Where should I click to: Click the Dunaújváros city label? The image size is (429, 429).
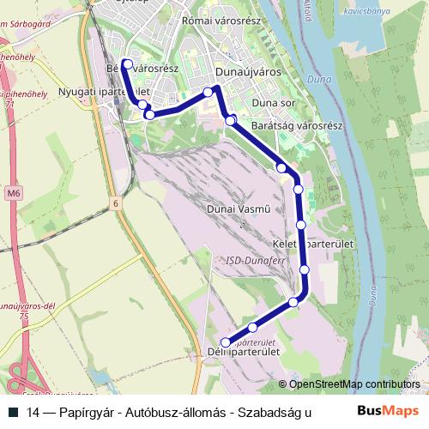(x=249, y=72)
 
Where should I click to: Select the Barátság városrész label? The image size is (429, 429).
(x=298, y=126)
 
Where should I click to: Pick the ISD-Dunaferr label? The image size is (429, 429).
(x=251, y=259)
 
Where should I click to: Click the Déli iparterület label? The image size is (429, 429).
(x=245, y=352)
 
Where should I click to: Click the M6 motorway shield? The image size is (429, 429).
(x=13, y=194)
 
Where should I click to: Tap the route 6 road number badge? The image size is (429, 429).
(x=113, y=203)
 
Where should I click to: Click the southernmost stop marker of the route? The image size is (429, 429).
(x=226, y=342)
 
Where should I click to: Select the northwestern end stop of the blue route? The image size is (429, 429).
(x=127, y=63)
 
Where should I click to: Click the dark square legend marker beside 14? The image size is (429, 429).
(x=13, y=413)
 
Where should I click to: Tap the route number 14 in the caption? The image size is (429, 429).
(x=33, y=413)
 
